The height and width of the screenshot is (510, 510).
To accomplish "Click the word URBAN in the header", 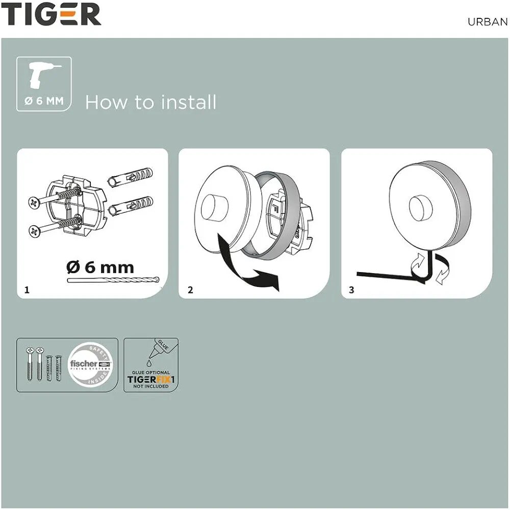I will [487, 22].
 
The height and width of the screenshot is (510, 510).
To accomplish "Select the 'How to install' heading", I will [150, 102].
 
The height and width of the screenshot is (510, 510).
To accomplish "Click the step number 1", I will [27, 290].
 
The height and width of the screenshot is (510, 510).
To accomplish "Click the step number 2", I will [190, 290].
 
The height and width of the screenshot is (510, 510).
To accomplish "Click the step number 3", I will [351, 290].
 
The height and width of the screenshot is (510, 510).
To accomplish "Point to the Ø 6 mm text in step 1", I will [100, 266].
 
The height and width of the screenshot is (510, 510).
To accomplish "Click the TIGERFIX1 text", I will [151, 380].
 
